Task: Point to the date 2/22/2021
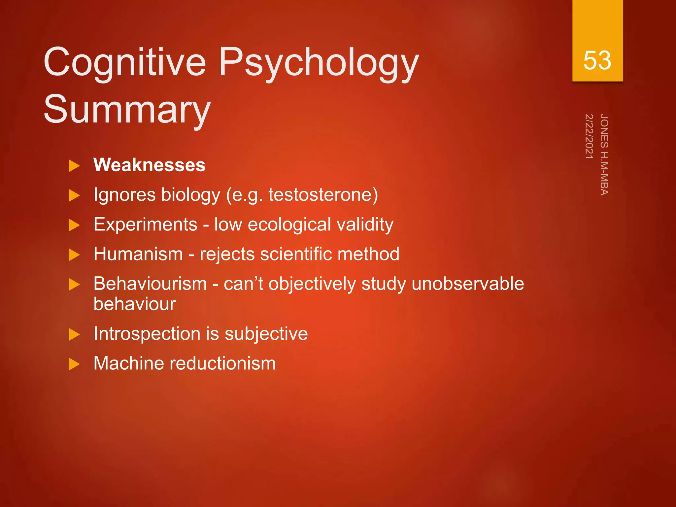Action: click(x=589, y=136)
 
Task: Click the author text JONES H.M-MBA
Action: click(x=604, y=154)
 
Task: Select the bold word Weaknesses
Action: click(x=149, y=165)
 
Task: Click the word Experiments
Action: click(x=145, y=224)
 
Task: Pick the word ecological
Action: click(x=289, y=224)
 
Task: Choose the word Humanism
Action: click(x=138, y=254)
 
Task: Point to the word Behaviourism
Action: click(x=150, y=284)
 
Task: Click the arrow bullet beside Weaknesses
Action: click(x=74, y=166)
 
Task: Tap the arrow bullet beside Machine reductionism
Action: click(x=74, y=364)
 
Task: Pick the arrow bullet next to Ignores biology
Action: click(x=74, y=195)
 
